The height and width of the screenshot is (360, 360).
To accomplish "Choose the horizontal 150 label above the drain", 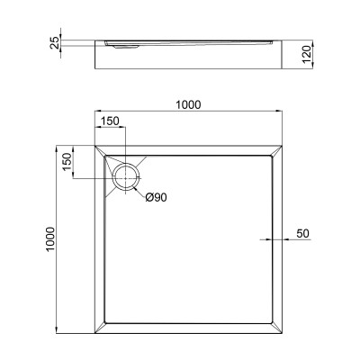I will [109, 122].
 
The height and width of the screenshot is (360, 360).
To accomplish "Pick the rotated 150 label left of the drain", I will [67, 164].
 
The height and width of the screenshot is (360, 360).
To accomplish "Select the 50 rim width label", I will [302, 234].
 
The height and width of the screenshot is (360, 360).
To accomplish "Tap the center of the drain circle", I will [125, 173].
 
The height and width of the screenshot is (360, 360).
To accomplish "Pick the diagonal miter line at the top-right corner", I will [280, 148].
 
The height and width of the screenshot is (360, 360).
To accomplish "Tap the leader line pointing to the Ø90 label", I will [137, 187].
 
